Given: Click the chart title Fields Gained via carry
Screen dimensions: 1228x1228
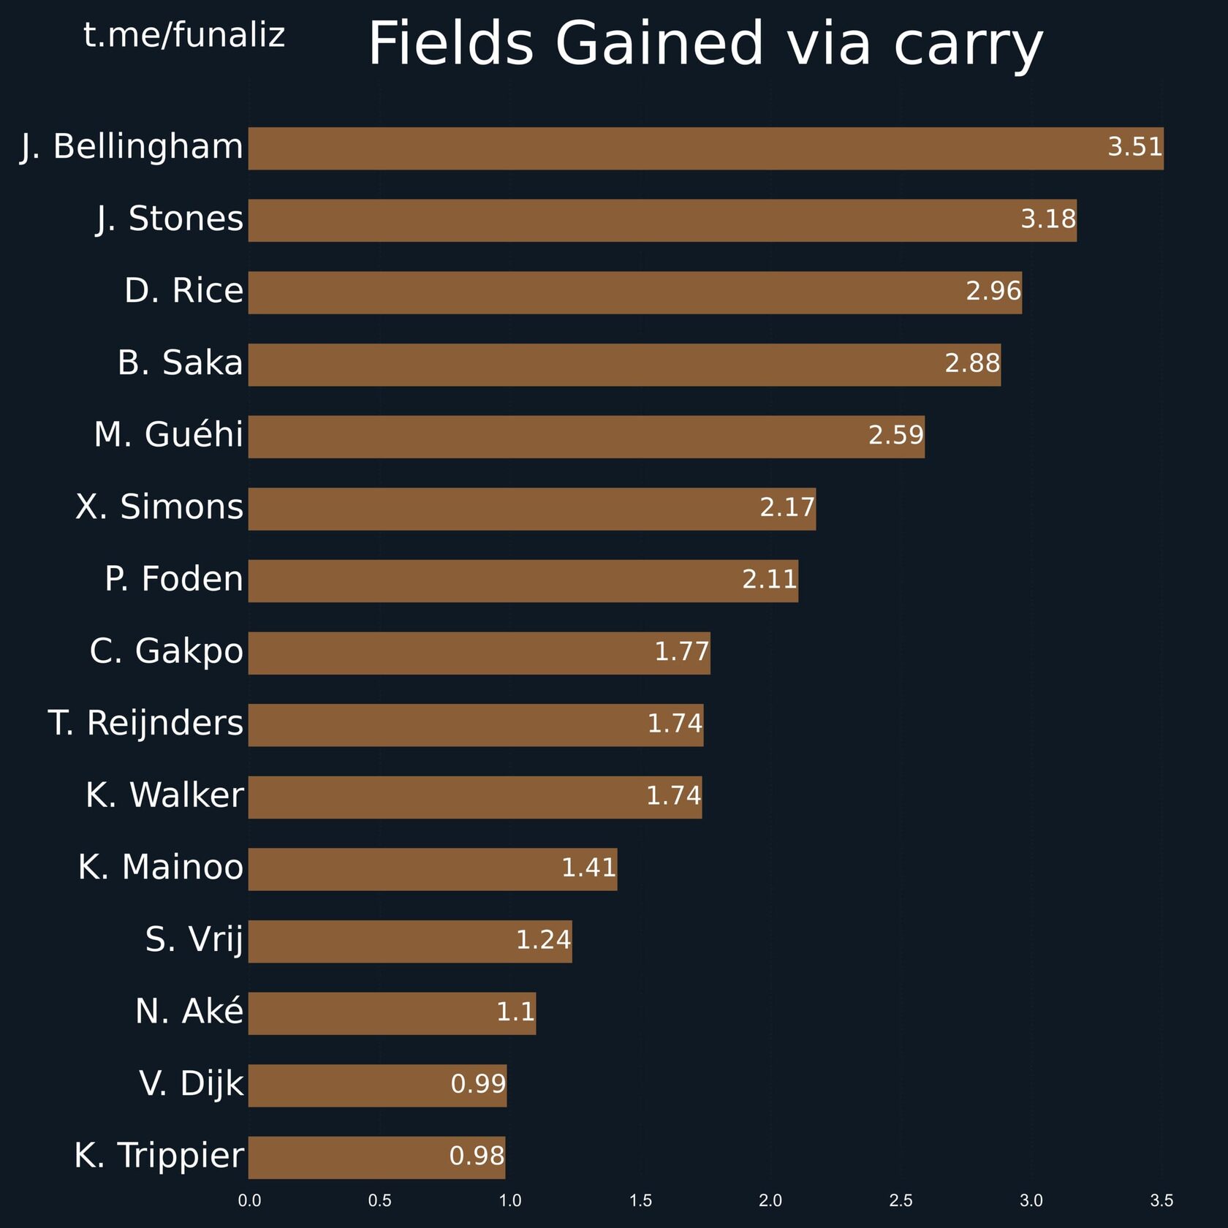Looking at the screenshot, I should click(x=705, y=44).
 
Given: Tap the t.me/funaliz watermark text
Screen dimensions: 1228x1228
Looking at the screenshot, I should click(x=183, y=35).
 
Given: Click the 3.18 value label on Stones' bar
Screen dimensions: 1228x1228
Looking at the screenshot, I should click(x=1047, y=219).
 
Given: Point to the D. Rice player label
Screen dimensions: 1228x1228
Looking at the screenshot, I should click(x=183, y=291).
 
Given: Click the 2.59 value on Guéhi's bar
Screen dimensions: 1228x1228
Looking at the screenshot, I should click(x=895, y=436).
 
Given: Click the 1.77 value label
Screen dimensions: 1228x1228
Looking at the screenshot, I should click(x=681, y=651).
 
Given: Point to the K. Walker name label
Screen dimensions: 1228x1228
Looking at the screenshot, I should click(x=164, y=795).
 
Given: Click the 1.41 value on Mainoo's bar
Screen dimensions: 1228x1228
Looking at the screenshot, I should click(x=588, y=868).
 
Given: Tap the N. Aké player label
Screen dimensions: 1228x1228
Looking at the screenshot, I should click(x=189, y=1012).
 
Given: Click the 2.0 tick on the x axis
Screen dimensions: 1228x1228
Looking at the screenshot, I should click(x=770, y=1200).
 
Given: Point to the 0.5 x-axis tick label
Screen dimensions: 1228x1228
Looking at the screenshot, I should click(x=379, y=1200).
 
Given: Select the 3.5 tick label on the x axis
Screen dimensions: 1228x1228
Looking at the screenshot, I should click(x=1161, y=1200).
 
